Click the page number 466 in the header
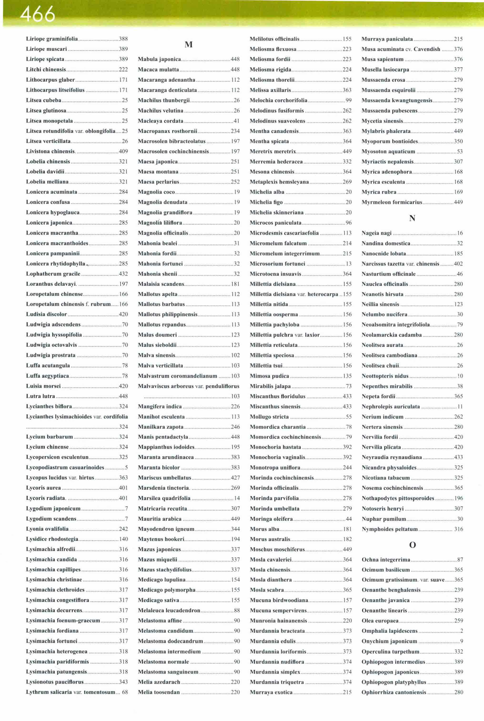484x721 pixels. coord(37,14)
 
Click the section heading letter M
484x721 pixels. coord(189,45)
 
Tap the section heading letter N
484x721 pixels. coord(412,218)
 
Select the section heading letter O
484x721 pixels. coord(412,545)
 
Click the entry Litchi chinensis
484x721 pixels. coord(46,70)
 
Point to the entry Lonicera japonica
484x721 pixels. coord(49,222)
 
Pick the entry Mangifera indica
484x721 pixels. coord(160,407)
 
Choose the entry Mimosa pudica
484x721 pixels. coord(269,376)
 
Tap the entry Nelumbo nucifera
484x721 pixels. coord(384,314)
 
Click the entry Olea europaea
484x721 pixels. coord(380,621)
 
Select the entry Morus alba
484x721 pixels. coord(265,529)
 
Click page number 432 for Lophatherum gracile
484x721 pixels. coord(123,274)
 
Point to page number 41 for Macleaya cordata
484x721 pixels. coord(237,121)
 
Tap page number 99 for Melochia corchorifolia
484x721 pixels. coord(348,100)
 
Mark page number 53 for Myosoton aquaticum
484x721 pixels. coord(460,151)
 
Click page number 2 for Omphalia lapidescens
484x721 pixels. coord(461,631)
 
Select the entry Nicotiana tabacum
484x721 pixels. coord(386,478)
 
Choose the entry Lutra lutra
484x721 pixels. coord(40,396)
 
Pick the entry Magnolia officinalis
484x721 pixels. coord(163,233)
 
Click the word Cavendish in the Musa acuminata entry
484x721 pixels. coord(427,49)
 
